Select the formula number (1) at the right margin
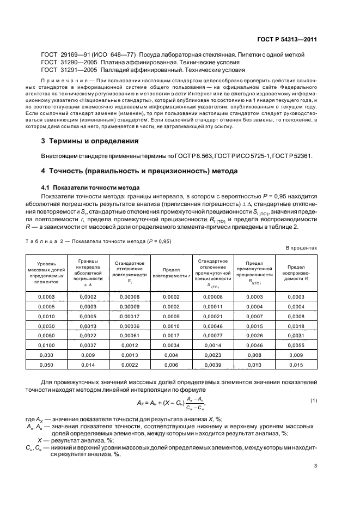pos(314,401)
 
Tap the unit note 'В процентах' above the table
pos(302,248)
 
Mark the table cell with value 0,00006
pos(129,296)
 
